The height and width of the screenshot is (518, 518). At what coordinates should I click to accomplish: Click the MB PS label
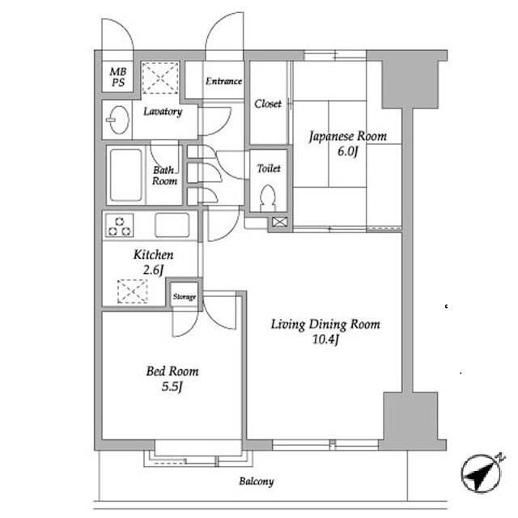click(x=118, y=77)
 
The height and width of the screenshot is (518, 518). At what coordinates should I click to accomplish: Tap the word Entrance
click(x=223, y=81)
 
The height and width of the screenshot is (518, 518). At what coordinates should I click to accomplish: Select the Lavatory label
click(x=163, y=112)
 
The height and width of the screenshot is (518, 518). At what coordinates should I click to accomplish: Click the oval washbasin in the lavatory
click(x=118, y=120)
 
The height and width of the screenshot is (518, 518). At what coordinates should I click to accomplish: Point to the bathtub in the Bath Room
click(x=126, y=175)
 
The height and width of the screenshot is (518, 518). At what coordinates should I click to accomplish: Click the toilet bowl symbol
click(x=268, y=197)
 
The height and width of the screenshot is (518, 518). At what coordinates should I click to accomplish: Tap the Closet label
click(x=268, y=104)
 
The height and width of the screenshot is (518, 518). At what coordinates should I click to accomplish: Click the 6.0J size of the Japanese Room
click(x=347, y=151)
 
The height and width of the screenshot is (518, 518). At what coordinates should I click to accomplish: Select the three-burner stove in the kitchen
click(x=119, y=226)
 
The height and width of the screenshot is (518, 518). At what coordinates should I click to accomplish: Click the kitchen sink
click(x=172, y=225)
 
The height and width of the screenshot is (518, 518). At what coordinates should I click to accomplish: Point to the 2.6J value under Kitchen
click(x=153, y=270)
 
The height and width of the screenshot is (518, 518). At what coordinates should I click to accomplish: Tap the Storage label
click(x=185, y=297)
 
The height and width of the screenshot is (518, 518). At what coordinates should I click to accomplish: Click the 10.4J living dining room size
click(x=325, y=339)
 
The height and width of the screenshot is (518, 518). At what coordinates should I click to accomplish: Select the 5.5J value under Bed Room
click(x=172, y=386)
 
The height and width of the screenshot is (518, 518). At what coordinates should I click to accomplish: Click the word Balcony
click(x=257, y=482)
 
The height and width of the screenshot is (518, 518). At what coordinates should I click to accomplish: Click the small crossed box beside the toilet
click(x=279, y=222)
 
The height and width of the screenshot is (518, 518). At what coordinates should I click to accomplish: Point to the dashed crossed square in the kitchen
click(x=132, y=291)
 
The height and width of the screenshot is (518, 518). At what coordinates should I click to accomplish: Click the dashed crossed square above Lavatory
click(x=160, y=78)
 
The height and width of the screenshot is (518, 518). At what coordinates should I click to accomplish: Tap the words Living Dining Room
click(x=325, y=325)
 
